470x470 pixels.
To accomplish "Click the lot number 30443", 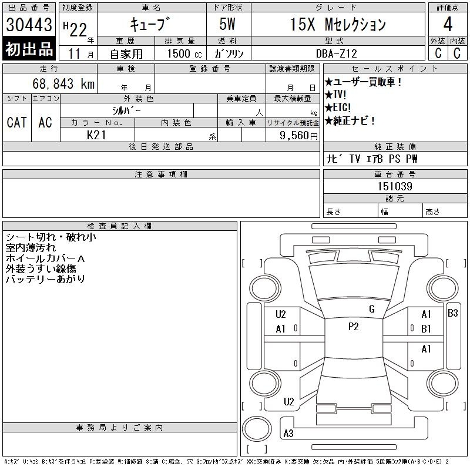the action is [x=29, y=25].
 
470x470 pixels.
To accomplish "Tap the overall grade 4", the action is [x=448, y=24].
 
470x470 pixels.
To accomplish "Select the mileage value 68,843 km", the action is [x=63, y=83].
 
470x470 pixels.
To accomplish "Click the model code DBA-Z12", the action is [x=337, y=53].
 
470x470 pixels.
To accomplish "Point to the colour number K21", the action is [x=96, y=135].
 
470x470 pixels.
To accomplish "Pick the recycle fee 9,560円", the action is [x=298, y=136].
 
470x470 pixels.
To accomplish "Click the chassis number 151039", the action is [x=395, y=186].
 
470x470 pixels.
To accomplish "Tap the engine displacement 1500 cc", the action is [x=184, y=54].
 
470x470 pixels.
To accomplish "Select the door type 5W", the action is [x=227, y=24].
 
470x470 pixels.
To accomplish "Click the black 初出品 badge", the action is [x=29, y=49].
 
